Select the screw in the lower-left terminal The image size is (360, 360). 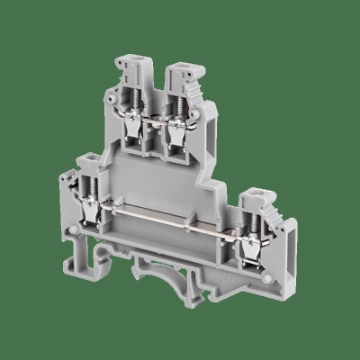point(91,191)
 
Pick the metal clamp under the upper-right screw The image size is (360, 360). point(180,130)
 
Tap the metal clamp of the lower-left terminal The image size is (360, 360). point(92,212)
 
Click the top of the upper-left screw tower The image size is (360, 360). point(127,65)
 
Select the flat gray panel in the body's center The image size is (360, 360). point(162,180)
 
